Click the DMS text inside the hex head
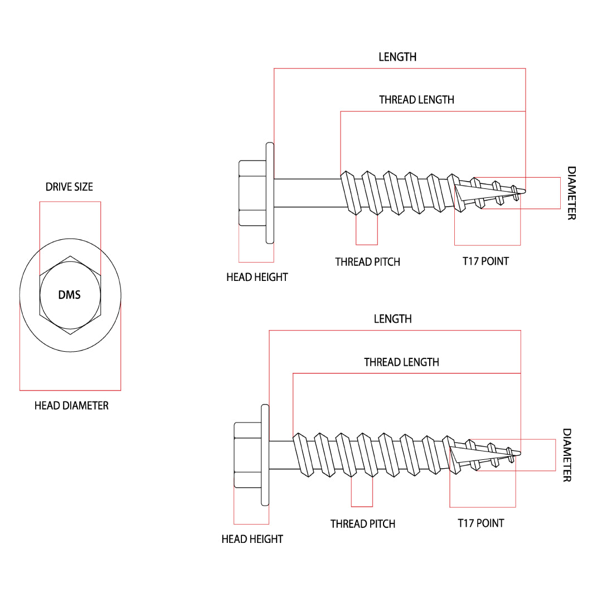point(70,295)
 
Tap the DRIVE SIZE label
point(70,187)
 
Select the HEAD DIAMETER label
point(71,406)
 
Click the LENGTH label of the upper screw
point(397,57)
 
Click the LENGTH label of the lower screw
point(392,319)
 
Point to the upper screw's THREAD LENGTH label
point(416,100)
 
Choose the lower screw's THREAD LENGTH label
point(401,362)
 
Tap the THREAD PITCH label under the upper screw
point(367,262)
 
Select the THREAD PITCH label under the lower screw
point(362,524)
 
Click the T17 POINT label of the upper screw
point(486,261)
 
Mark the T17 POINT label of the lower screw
point(480,523)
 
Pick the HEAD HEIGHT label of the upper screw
point(257,277)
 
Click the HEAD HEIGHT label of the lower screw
point(252,539)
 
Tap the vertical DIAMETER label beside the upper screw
point(571,193)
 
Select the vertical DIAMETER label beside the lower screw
point(566,455)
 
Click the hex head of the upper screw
point(252,193)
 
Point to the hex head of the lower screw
point(247,455)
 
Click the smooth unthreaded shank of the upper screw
point(307,193)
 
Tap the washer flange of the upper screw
point(270,193)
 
